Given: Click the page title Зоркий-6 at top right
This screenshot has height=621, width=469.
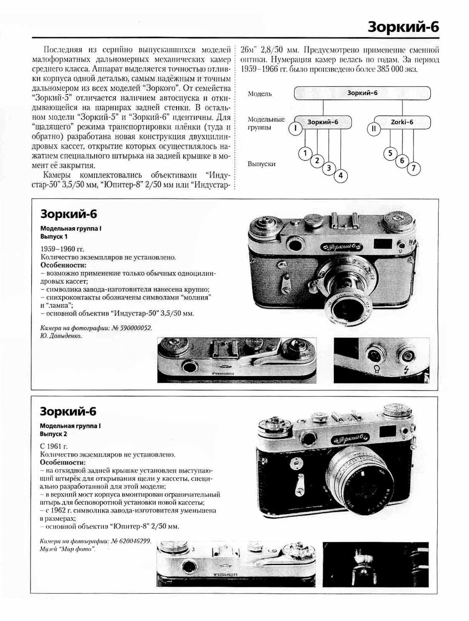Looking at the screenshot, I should pos(403,27).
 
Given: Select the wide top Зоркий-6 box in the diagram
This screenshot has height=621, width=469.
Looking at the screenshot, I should pos(362,93).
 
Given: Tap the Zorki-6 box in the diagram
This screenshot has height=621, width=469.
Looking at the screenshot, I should pos(402,122).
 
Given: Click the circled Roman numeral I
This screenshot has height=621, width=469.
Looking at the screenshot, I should pos(295,128).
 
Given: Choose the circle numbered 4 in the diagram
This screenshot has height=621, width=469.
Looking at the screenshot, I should pos(340,175).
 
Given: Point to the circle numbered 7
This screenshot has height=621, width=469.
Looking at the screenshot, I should pos(414,168).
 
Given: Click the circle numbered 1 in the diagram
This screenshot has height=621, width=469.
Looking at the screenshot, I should pos(305,153).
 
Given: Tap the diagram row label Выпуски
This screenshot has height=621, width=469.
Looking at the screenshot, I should pos(261,164).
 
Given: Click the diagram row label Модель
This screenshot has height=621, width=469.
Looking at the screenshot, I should pos(260,94).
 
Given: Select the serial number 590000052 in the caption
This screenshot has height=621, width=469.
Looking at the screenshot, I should pos(136,328).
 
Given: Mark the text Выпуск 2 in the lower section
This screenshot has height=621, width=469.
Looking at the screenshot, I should pos(53,434).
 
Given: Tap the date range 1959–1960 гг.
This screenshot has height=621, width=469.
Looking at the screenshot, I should pos(62,249).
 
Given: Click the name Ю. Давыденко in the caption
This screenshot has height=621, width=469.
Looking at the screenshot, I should pos(61,336).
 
